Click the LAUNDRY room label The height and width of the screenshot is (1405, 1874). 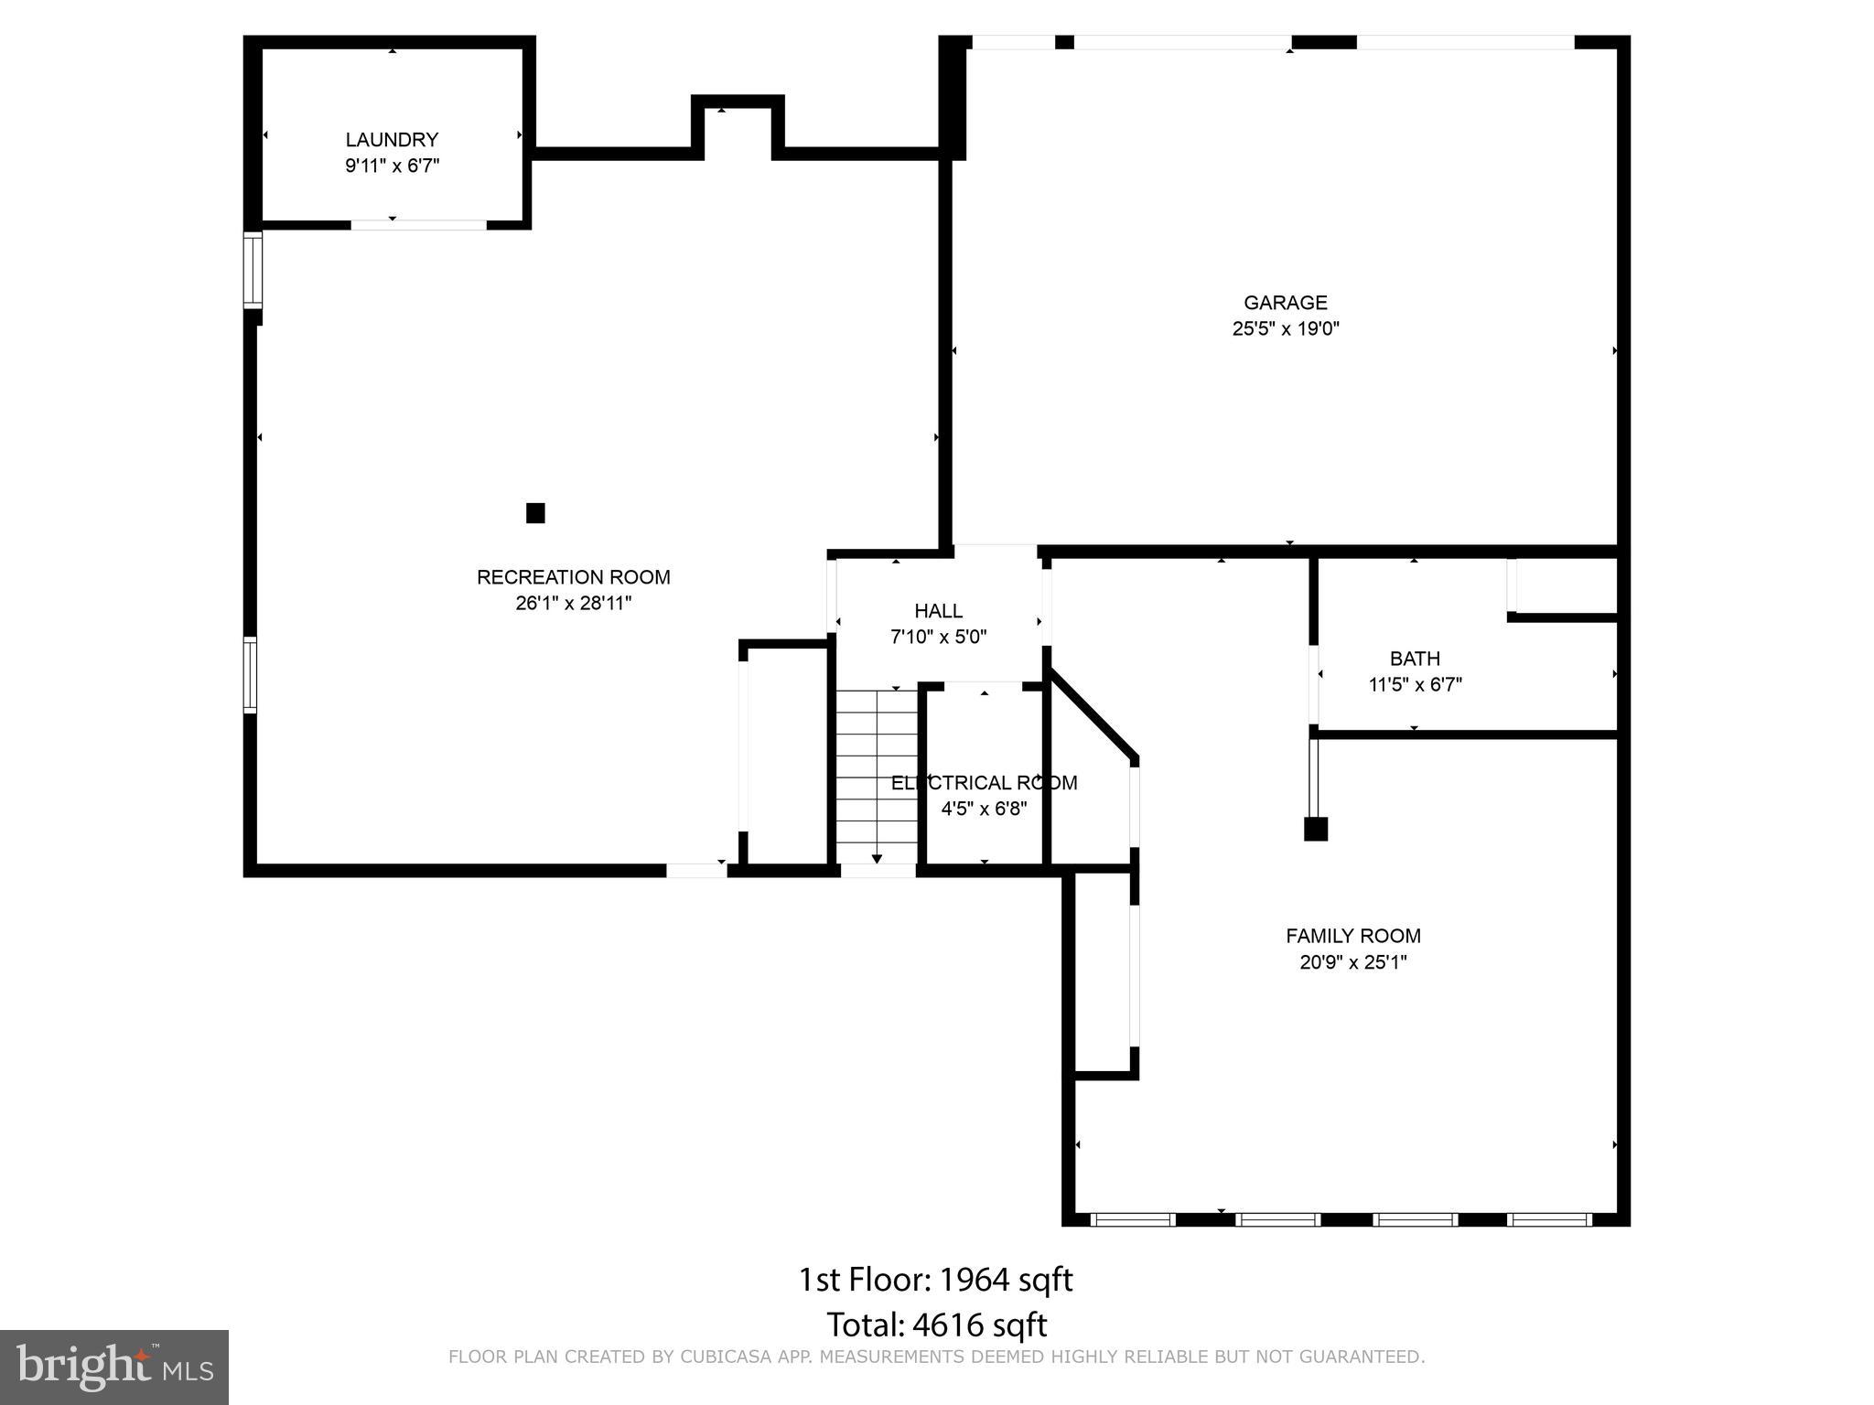pos(392,140)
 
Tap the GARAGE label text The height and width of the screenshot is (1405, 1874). pos(1285,303)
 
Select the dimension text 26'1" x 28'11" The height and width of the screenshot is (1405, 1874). pos(574,604)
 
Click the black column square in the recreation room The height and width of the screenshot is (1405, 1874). pos(535,513)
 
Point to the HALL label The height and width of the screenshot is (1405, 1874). pos(938,611)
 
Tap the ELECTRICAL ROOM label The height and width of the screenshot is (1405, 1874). pos(984,783)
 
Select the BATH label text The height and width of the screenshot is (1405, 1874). pos(1415,659)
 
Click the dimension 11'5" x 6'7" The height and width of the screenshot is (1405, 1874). pos(1415,685)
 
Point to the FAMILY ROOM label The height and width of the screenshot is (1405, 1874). pos(1352,936)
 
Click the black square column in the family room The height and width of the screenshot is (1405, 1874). pos(1315,829)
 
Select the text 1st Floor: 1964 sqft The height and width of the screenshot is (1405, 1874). pos(935,1280)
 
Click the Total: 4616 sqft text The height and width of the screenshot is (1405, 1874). pos(936,1325)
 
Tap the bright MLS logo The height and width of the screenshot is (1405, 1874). pos(114,1367)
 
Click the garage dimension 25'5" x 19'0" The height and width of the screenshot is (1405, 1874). pos(1285,329)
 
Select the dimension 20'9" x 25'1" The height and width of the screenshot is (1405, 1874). pos(1352,962)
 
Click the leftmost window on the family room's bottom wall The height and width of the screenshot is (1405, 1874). pos(1133,1219)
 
